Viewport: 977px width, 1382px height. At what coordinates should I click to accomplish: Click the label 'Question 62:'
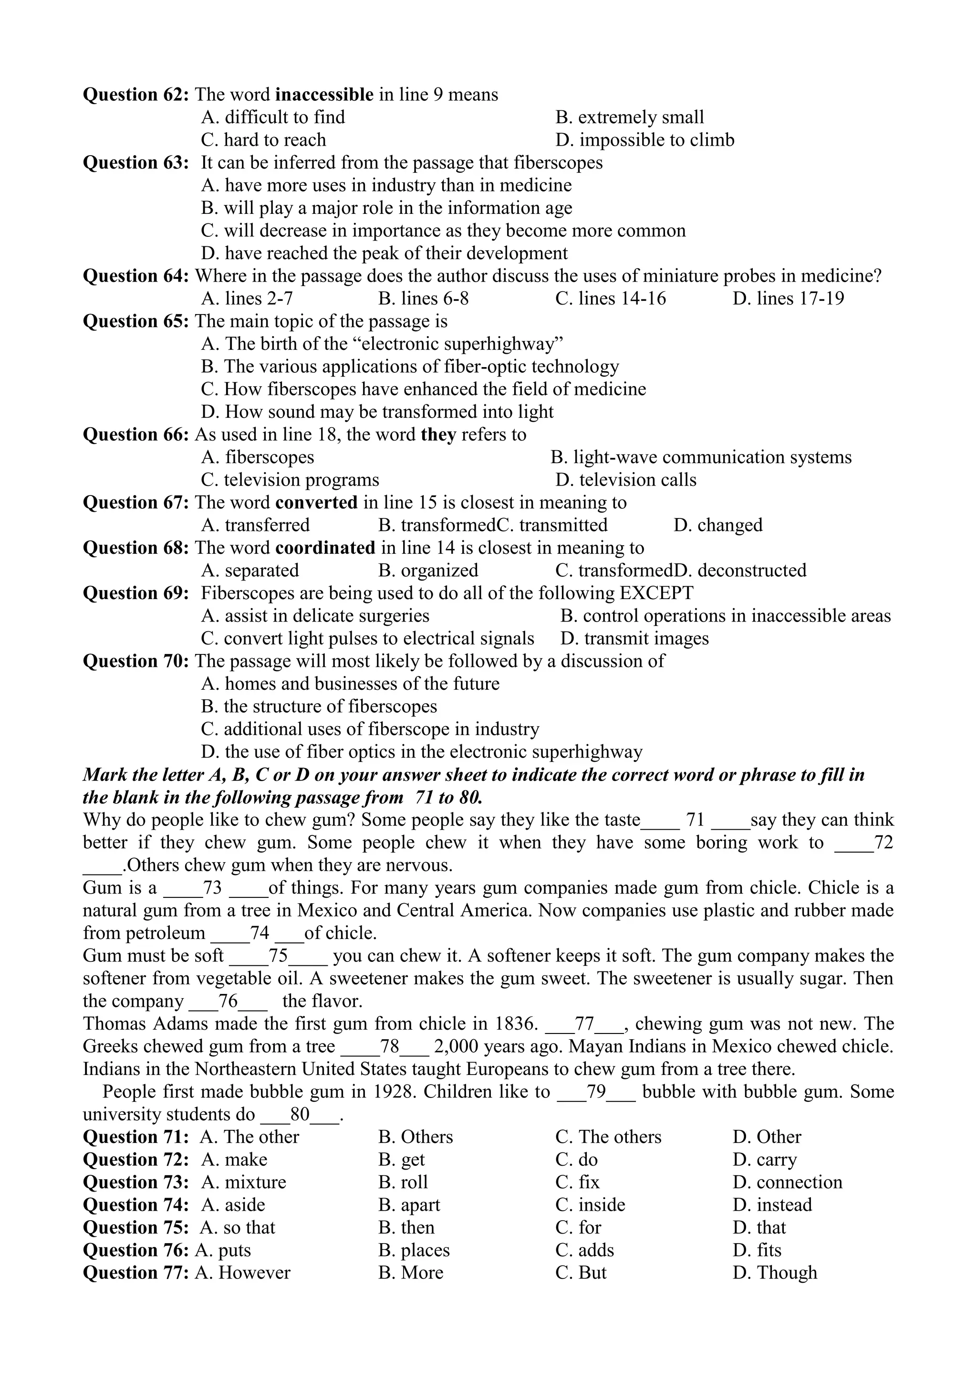click(136, 95)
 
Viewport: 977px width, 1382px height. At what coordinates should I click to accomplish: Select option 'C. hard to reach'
click(263, 140)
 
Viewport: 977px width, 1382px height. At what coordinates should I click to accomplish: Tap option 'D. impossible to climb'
click(644, 140)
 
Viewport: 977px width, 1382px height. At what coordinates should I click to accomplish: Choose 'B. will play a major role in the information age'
click(386, 208)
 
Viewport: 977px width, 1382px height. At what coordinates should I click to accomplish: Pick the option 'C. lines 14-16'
click(610, 298)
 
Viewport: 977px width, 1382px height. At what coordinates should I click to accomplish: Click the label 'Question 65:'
click(136, 321)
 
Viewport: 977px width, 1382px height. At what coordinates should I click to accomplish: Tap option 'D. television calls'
click(626, 480)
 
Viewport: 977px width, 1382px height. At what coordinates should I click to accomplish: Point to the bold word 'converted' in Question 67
click(316, 503)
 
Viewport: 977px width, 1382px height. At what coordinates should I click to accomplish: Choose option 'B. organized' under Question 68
click(428, 570)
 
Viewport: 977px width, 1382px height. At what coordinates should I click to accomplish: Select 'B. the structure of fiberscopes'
click(319, 707)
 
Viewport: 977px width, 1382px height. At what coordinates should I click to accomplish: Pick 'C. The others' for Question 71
click(608, 1137)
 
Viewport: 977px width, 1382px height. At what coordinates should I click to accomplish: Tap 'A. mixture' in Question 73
click(243, 1182)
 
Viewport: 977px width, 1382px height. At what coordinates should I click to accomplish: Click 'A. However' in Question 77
click(242, 1273)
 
